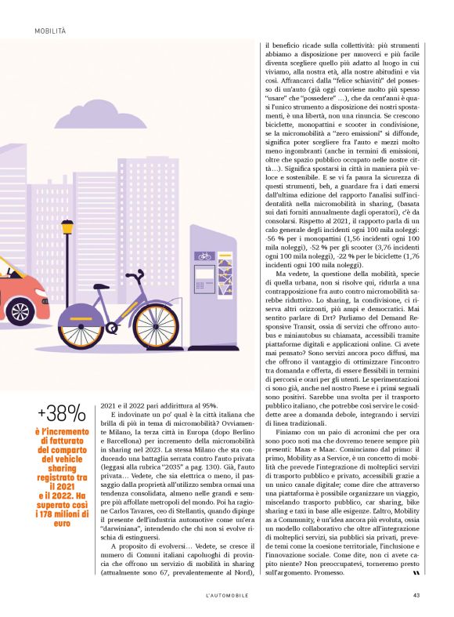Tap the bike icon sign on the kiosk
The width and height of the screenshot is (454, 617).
[204, 256]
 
